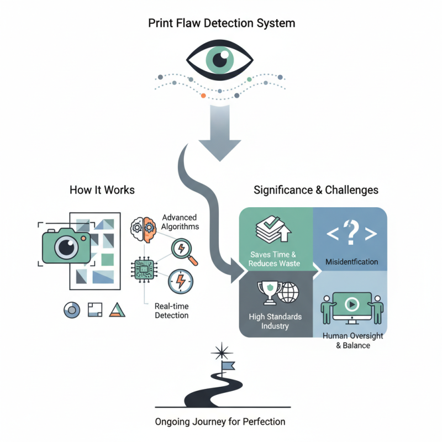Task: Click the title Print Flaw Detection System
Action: click(x=221, y=24)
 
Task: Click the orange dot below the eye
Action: click(x=203, y=96)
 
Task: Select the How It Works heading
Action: click(x=102, y=190)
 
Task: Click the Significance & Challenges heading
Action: click(x=315, y=190)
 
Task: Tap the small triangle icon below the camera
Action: click(x=117, y=310)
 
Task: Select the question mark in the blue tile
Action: click(x=349, y=232)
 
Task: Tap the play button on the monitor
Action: click(x=351, y=304)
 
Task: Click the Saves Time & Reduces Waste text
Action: click(x=275, y=259)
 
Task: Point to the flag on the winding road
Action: click(x=228, y=366)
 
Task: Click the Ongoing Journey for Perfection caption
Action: click(x=220, y=422)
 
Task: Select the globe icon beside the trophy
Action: click(x=287, y=292)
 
